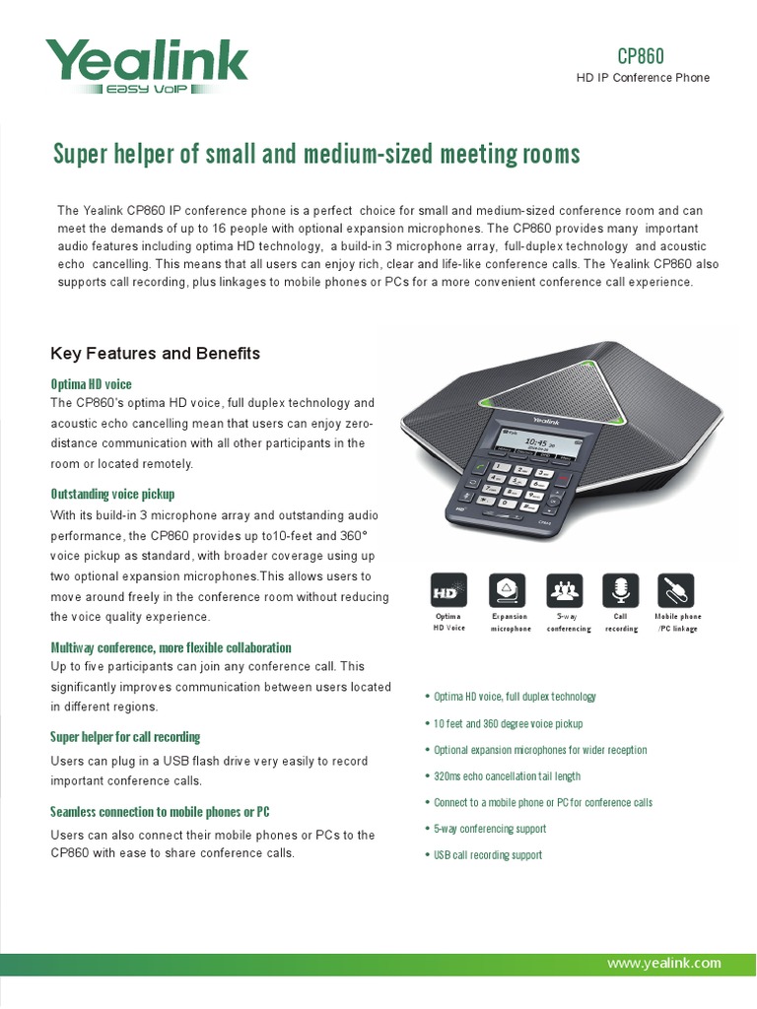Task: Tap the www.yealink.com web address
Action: tap(664, 963)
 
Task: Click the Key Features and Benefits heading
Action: tap(155, 353)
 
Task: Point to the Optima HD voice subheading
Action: tap(91, 383)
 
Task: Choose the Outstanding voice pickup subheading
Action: tap(112, 494)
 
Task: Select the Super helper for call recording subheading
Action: tap(125, 736)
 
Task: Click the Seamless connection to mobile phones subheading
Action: tap(160, 811)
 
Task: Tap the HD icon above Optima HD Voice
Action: tap(449, 591)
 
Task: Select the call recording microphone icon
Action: tap(621, 591)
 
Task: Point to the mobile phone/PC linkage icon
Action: tap(678, 591)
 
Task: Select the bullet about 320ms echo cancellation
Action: tap(507, 776)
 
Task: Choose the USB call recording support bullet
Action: tap(488, 855)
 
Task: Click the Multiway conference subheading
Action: tap(171, 647)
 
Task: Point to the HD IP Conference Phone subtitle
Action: tap(643, 78)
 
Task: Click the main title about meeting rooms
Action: tap(315, 155)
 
